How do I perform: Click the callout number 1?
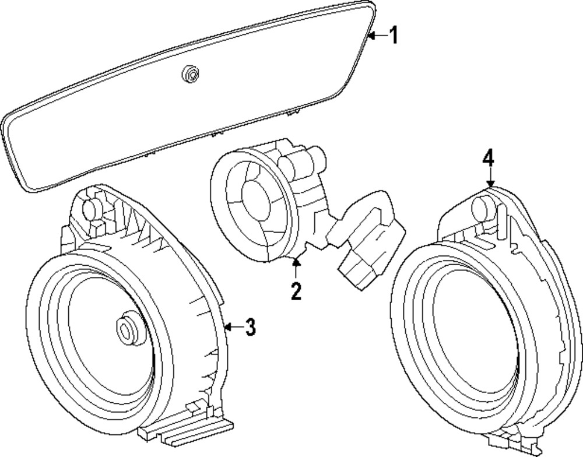pos(394,36)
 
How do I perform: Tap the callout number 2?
pos(296,290)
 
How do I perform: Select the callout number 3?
pos(250,328)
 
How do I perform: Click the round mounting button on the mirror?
pos(189,73)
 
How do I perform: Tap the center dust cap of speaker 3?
pos(127,329)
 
